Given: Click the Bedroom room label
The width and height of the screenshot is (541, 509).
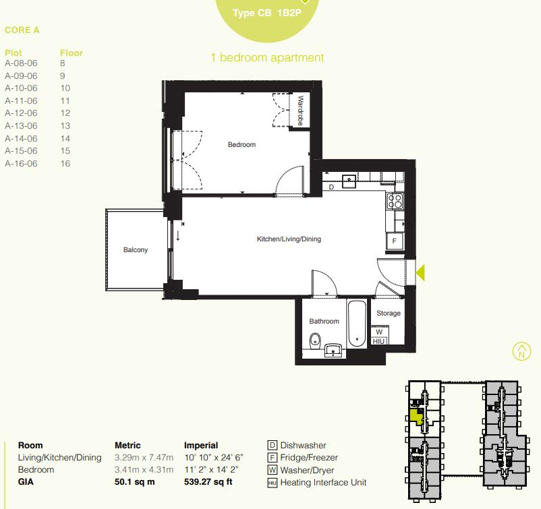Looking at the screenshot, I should point(241,145).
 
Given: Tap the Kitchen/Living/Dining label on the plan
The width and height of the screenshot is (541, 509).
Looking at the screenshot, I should point(289,239).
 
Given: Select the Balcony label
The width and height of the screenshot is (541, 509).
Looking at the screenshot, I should point(135,250).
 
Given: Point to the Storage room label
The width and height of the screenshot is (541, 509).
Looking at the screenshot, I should point(389,313).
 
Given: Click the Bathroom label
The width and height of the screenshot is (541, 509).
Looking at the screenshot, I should point(324,322).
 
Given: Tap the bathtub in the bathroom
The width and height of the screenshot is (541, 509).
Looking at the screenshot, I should point(357,324).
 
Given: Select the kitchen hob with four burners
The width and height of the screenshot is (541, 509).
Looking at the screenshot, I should point(394,201).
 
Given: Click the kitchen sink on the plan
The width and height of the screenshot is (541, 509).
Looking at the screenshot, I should point(349,180).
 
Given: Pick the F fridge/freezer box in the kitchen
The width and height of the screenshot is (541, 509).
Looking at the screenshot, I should point(395,241).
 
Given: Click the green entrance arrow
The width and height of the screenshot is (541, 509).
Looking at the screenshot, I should point(420,272).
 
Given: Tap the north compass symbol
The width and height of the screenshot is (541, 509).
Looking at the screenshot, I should point(521,351).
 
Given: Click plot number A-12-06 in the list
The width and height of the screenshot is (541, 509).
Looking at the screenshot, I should point(21,113).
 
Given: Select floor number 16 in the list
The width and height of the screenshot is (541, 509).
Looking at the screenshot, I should point(65,164).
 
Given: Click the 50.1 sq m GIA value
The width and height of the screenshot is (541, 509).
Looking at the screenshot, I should point(136,482).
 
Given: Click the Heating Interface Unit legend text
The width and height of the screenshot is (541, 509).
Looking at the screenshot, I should point(323,483).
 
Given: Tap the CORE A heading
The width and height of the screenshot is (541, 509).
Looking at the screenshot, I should point(22,30).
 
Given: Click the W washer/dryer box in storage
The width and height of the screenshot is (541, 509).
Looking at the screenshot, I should point(379,332).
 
